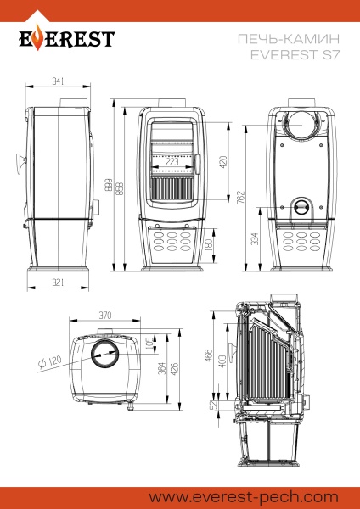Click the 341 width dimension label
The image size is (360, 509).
59,81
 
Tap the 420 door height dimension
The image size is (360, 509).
223,161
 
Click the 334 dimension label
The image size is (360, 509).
254,240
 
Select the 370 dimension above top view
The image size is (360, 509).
105,315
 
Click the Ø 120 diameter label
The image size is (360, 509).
52,364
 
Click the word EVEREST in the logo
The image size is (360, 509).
67,41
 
